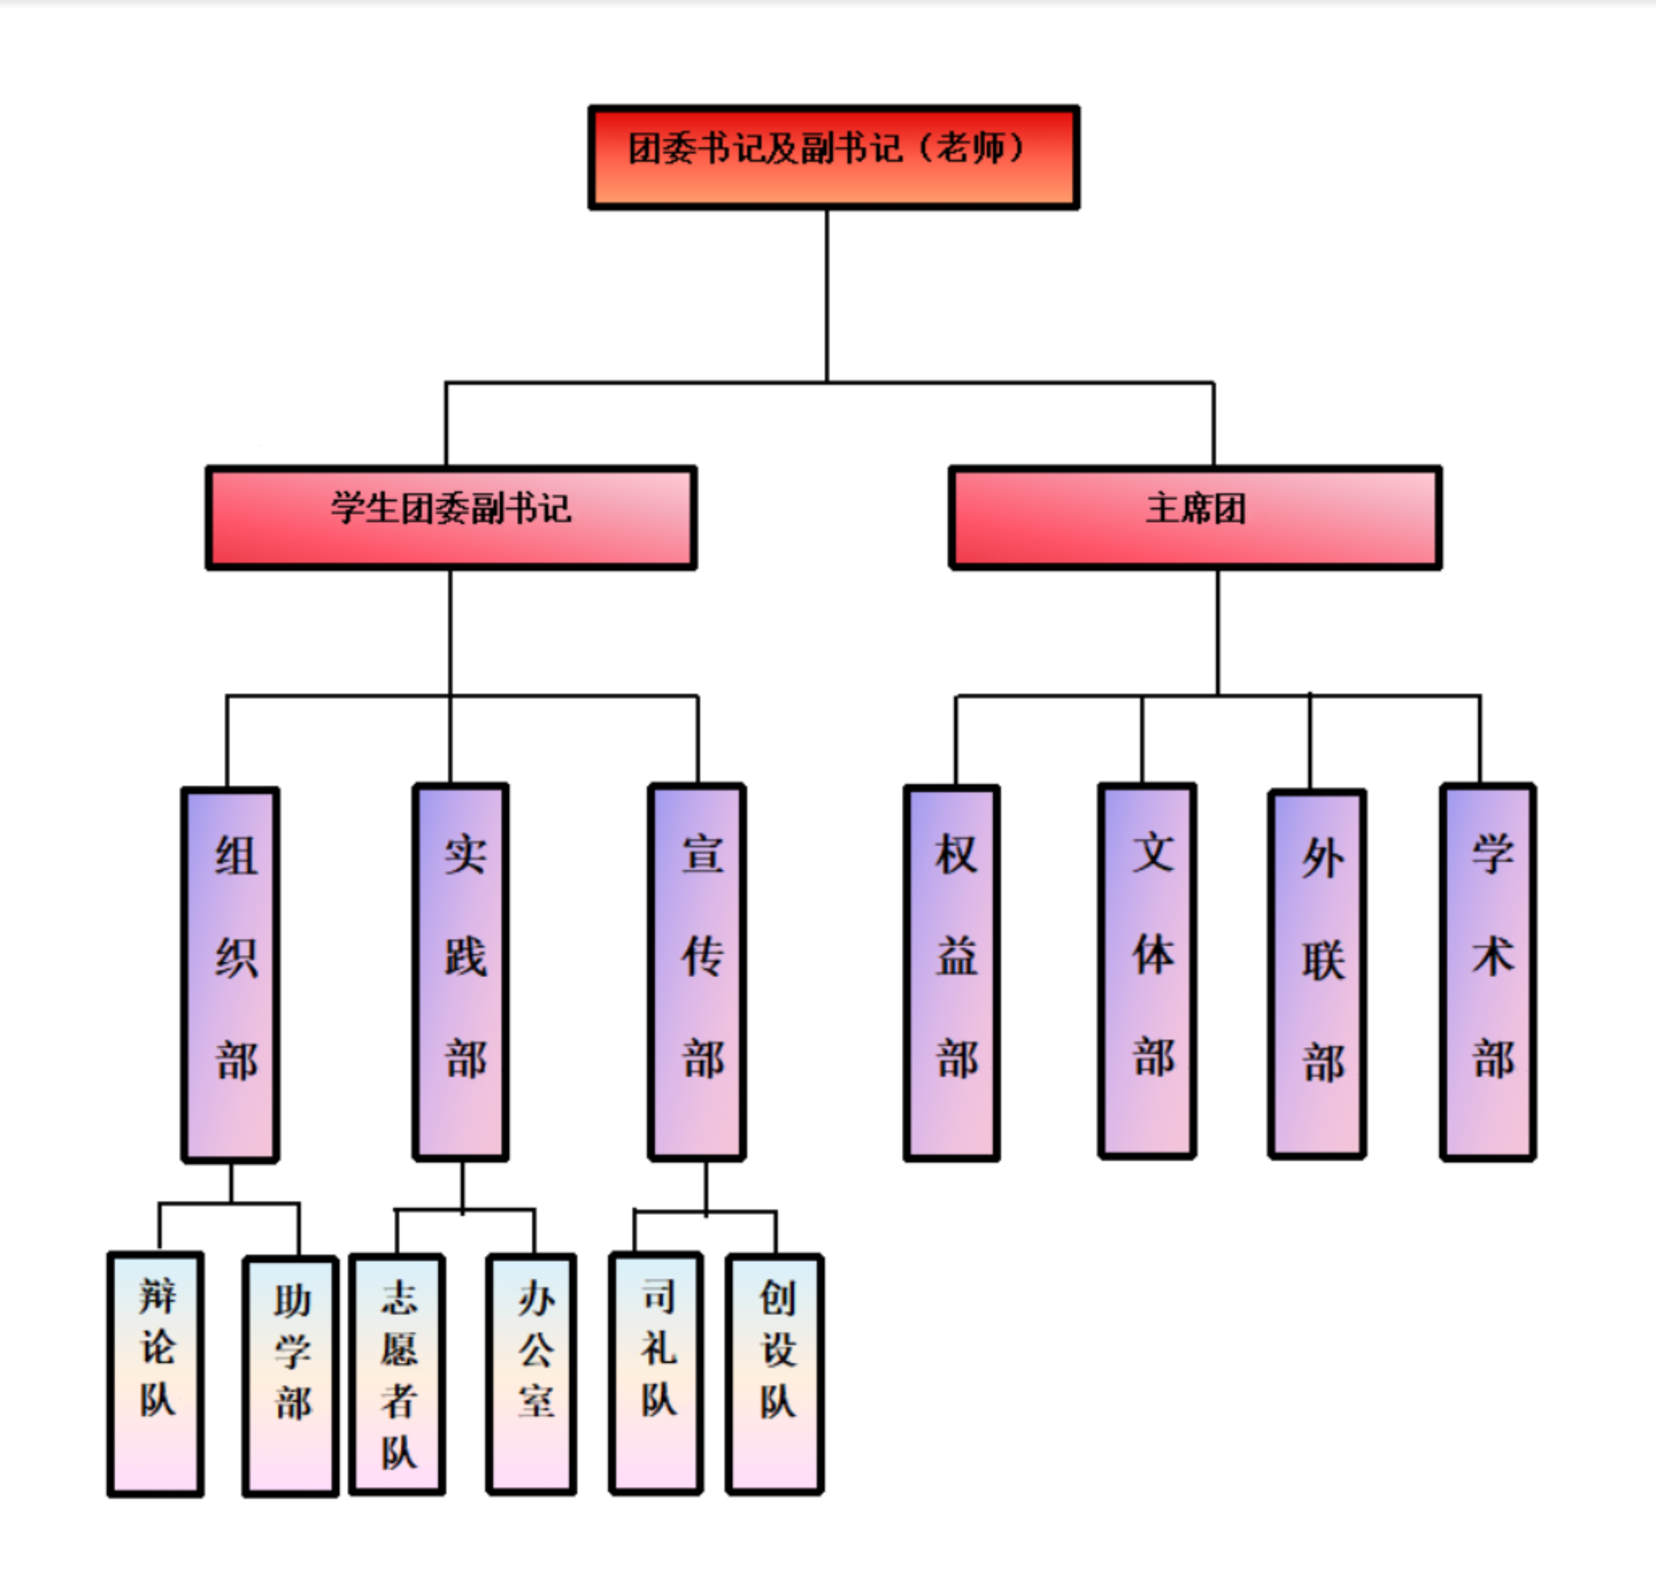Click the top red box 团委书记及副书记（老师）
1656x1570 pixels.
[x=833, y=157]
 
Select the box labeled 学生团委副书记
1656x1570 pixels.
[x=451, y=517]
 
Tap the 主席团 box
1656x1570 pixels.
[x=1195, y=517]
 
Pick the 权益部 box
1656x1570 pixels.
[x=952, y=972]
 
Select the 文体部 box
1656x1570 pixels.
[x=1147, y=971]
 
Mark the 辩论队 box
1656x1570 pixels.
[x=156, y=1373]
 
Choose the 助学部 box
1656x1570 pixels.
[x=290, y=1375]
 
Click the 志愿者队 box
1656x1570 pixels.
[x=397, y=1373]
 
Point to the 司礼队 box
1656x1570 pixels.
[x=656, y=1372]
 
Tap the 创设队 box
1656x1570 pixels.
[x=775, y=1373]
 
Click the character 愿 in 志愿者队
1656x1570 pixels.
[x=399, y=1349]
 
